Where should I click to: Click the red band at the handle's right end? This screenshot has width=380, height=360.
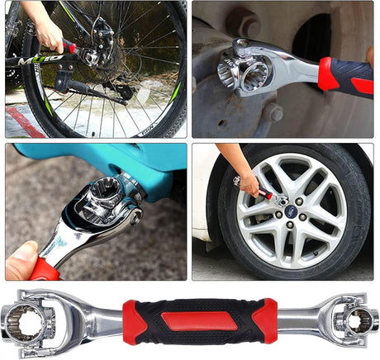(x=264, y=320)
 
